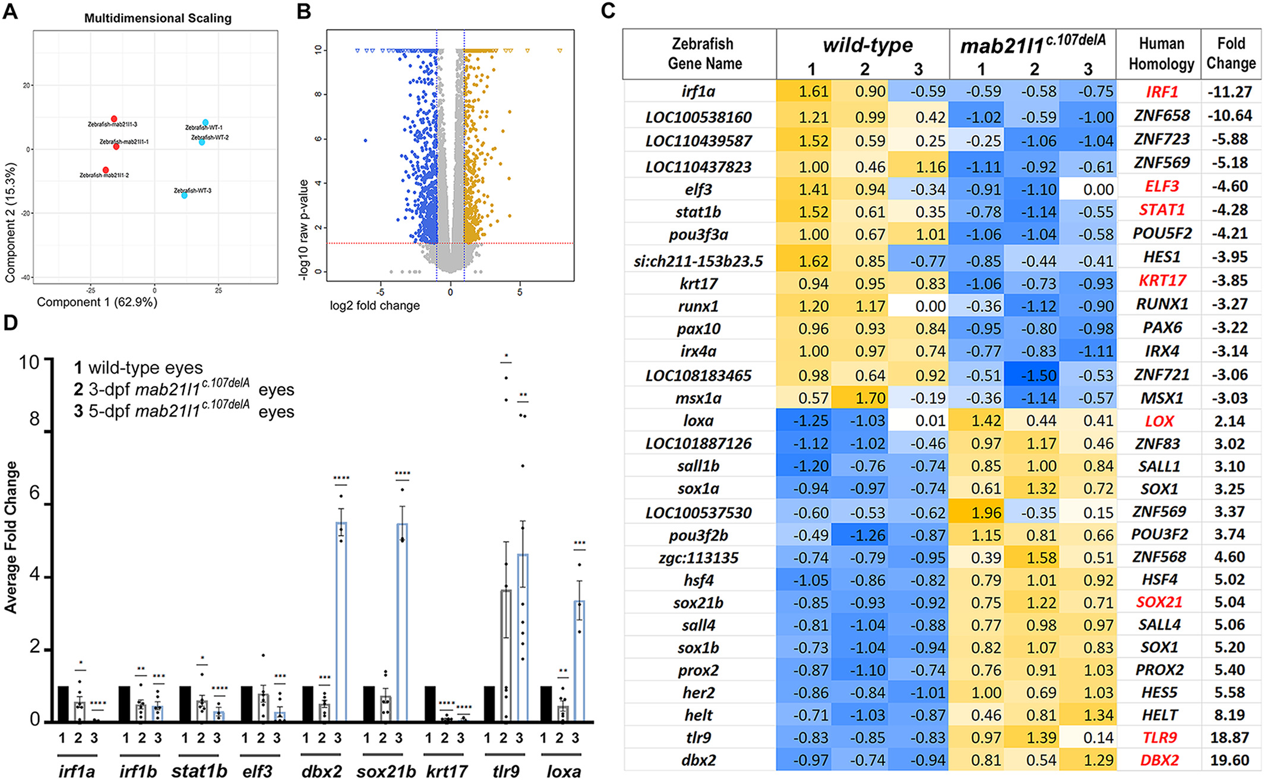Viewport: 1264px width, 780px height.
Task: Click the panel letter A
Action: pyautogui.click(x=10, y=11)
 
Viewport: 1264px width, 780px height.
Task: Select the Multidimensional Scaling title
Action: pyautogui.click(x=157, y=18)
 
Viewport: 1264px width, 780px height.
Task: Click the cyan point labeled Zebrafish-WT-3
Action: pyautogui.click(x=184, y=195)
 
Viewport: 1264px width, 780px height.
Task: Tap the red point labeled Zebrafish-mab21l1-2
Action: pyautogui.click(x=106, y=170)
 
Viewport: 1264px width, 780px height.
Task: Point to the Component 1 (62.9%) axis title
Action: pyautogui.click(x=97, y=302)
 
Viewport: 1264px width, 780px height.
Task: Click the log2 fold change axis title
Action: pyautogui.click(x=375, y=306)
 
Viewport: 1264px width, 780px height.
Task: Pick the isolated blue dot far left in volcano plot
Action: pyautogui.click(x=365, y=141)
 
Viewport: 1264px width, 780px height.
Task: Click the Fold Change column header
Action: pyautogui.click(x=1231, y=53)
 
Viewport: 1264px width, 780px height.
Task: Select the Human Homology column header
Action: pyautogui.click(x=1161, y=54)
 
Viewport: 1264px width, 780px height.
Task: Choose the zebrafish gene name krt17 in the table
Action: pyautogui.click(x=699, y=284)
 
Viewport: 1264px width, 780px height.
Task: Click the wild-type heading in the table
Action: pyautogui.click(x=867, y=45)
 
